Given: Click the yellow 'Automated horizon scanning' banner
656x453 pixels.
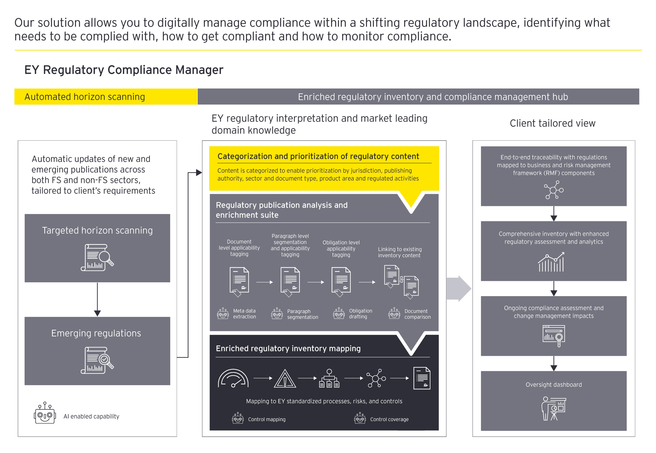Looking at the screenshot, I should click(106, 97).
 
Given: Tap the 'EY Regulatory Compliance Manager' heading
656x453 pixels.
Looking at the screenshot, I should click(124, 70).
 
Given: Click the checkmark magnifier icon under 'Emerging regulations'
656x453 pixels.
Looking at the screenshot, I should click(97, 360).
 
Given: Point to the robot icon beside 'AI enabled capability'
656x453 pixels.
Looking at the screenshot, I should click(45, 413).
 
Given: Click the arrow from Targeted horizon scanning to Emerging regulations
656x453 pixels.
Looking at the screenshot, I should click(97, 299).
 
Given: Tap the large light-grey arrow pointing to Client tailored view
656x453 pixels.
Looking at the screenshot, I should click(458, 288).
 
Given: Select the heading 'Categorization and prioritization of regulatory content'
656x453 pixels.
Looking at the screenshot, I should click(318, 156).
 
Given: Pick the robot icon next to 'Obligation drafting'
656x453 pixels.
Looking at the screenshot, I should click(339, 314).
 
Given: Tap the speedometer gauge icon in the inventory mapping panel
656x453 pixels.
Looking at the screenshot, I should click(233, 378).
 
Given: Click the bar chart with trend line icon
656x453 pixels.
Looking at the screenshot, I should click(551, 262).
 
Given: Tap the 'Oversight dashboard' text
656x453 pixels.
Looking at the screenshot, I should click(553, 385).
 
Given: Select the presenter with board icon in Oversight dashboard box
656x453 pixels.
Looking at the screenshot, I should click(553, 408).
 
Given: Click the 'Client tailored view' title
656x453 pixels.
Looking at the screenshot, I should click(552, 123).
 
